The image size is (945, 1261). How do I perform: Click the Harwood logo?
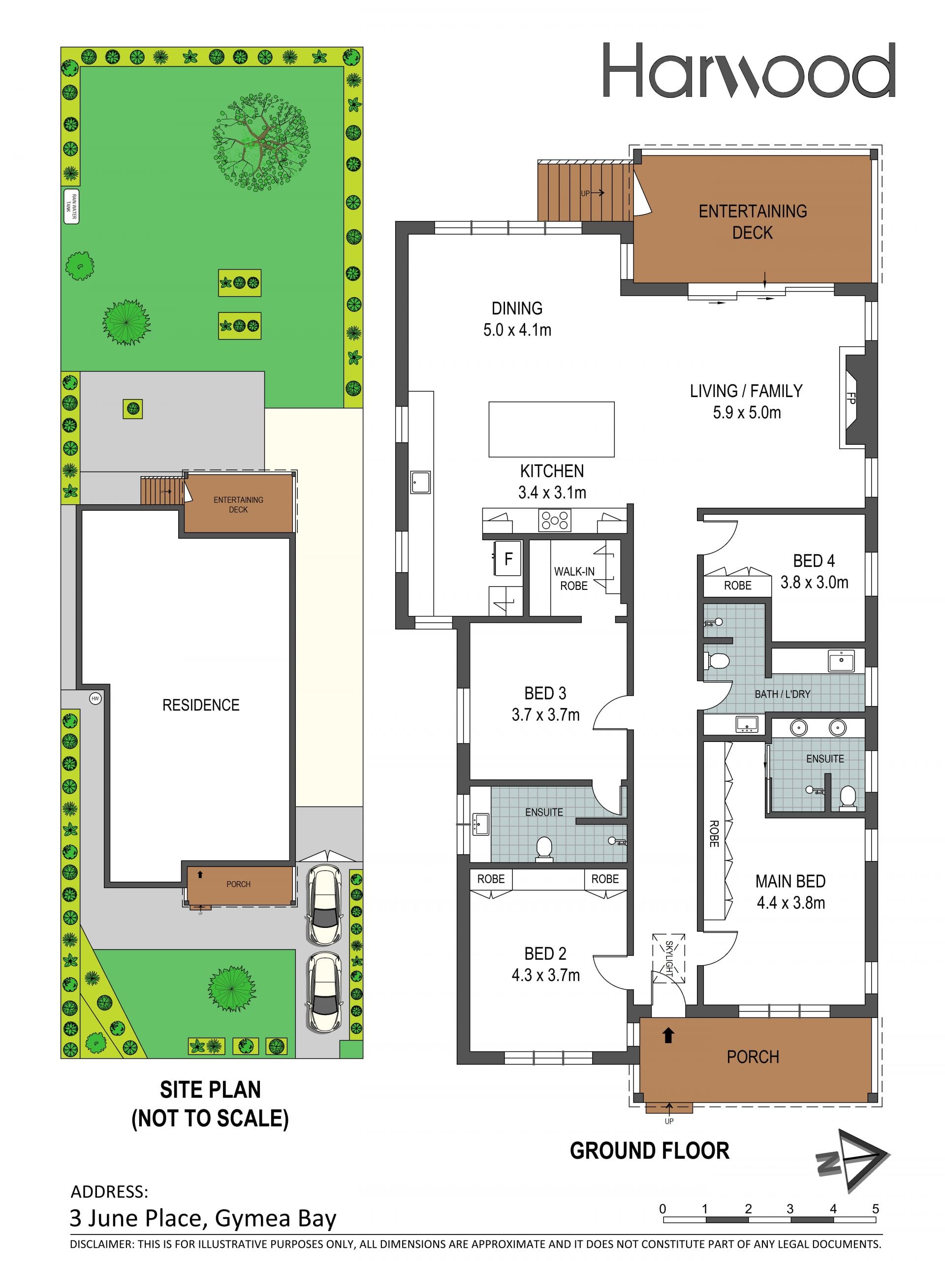749,71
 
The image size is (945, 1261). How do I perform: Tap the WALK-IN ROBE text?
574,579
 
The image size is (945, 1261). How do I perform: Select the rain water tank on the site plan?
71,206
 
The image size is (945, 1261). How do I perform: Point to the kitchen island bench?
551,429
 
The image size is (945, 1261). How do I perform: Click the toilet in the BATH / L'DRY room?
718,661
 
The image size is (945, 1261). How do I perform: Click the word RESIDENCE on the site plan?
201,705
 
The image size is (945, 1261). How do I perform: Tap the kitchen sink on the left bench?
420,482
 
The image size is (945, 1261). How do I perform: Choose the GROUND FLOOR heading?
650,1150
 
